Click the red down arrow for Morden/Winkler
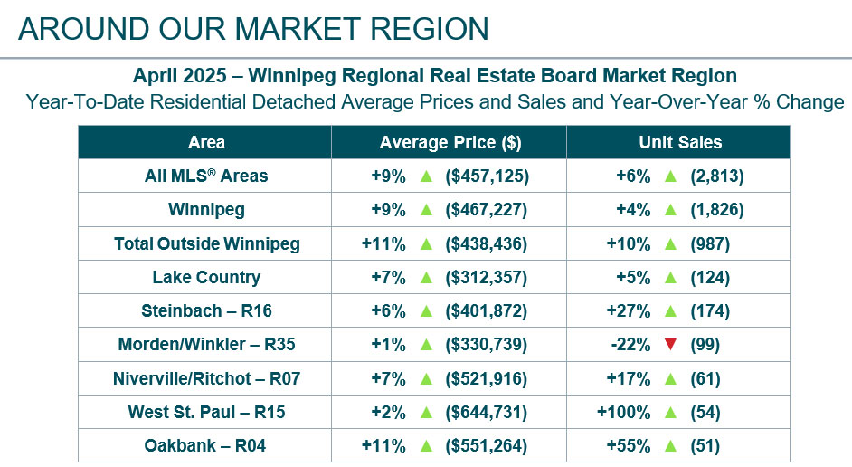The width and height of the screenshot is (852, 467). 670,345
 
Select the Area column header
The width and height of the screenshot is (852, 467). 206,142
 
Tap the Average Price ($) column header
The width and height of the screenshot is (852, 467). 450,142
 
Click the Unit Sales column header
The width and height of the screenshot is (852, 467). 680,142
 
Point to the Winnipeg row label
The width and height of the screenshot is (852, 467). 206,210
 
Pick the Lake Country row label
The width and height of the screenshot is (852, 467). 206,277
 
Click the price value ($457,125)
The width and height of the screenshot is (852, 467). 487,176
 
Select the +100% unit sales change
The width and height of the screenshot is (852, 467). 623,412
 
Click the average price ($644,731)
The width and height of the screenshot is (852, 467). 487,412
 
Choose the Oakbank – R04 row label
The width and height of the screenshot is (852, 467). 206,445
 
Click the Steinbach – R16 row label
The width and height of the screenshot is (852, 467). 206,310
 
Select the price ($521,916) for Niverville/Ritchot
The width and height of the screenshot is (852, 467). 487,378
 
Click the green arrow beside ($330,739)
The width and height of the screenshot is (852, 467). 426,345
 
